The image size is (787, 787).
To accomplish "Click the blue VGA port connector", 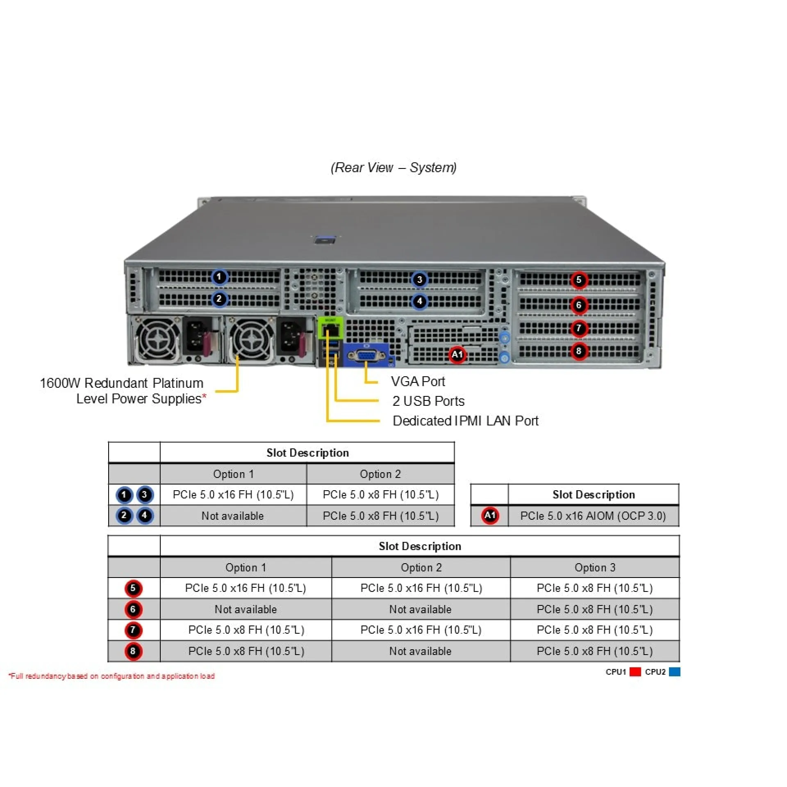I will (366, 355).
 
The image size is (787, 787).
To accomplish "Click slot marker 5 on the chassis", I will (578, 280).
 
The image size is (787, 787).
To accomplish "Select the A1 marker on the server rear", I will (457, 355).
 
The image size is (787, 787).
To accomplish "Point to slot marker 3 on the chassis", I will (419, 280).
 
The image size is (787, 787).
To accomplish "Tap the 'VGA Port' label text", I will (418, 382).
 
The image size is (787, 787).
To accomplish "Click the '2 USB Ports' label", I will (428, 401).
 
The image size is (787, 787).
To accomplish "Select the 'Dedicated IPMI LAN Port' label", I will (465, 421).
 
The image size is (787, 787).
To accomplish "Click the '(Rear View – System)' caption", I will (393, 168).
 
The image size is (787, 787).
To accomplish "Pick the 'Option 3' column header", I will (595, 568).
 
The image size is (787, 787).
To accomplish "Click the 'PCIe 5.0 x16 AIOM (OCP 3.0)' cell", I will (593, 516).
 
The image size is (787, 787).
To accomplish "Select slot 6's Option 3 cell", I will (595, 610).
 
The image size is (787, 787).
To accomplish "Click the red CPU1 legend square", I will (635, 672).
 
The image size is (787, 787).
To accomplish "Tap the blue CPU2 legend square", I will (674, 672).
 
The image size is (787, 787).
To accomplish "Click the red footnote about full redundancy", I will (112, 676).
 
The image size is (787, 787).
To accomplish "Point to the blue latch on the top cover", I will (325, 239).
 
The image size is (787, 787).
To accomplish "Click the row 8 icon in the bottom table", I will (133, 651).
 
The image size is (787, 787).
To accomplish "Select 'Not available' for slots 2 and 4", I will (232, 516).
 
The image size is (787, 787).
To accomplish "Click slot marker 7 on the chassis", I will (578, 328).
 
